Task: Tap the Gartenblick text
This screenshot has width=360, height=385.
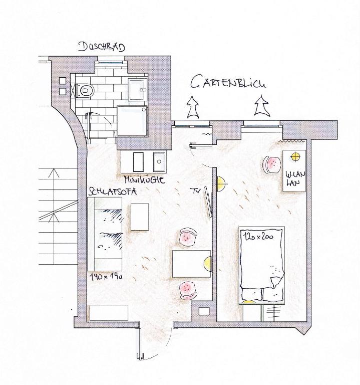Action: click(x=228, y=82)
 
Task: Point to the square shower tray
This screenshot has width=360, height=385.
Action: click(x=132, y=121)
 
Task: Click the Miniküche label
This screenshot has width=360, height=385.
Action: click(x=145, y=180)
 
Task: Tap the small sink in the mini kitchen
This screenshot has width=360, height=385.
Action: click(x=159, y=161)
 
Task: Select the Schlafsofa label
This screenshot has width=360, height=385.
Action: click(x=113, y=191)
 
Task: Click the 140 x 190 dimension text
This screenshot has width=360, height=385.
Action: click(x=106, y=277)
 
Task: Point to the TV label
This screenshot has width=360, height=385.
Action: click(x=196, y=191)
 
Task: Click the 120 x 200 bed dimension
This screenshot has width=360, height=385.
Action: click(x=259, y=236)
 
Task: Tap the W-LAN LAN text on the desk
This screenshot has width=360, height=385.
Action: click(x=295, y=178)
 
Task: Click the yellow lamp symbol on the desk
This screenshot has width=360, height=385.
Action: click(x=296, y=156)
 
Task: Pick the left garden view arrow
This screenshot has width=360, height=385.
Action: click(x=193, y=107)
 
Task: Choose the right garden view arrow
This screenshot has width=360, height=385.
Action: click(x=262, y=106)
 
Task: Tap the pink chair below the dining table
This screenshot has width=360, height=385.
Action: click(x=189, y=290)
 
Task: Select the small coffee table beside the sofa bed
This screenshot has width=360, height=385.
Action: click(x=140, y=217)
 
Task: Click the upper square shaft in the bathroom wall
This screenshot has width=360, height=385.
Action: click(x=63, y=81)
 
